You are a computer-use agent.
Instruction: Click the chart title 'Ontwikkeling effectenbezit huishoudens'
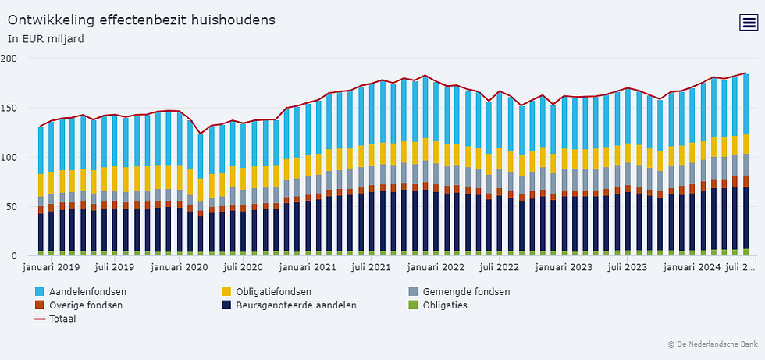point(141,19)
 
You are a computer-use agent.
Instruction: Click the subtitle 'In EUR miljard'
point(46,37)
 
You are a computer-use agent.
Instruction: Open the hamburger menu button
point(748,23)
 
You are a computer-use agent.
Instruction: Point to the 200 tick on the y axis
point(9,59)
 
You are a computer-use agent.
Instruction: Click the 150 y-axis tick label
point(9,108)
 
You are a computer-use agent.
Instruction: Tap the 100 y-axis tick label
point(9,157)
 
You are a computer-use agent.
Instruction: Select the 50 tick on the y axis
point(12,206)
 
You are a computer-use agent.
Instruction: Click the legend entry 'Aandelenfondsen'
point(87,292)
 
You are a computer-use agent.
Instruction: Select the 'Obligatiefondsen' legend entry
point(273,292)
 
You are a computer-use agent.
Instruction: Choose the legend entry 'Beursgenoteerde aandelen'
point(296,305)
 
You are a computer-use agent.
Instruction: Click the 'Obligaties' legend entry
point(444,305)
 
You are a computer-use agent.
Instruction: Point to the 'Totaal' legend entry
point(62,319)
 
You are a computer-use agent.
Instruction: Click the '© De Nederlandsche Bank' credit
point(712,344)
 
